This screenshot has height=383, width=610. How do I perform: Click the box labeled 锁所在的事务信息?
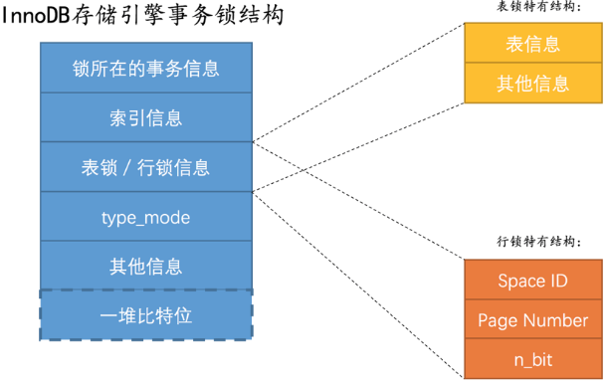[146, 69]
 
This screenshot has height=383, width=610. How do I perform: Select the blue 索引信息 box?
[146, 118]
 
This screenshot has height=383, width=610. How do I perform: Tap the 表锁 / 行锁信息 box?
[146, 167]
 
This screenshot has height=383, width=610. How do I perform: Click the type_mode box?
[146, 217]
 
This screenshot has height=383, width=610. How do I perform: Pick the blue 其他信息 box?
[146, 266]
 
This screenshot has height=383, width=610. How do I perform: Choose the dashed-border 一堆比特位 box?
[146, 315]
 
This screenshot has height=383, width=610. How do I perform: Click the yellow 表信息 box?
[533, 44]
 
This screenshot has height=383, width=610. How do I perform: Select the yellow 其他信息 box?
[533, 84]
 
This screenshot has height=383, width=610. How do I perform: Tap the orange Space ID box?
[533, 281]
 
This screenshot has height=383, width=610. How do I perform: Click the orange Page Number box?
[533, 320]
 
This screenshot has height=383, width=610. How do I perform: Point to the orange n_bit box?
[533, 359]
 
